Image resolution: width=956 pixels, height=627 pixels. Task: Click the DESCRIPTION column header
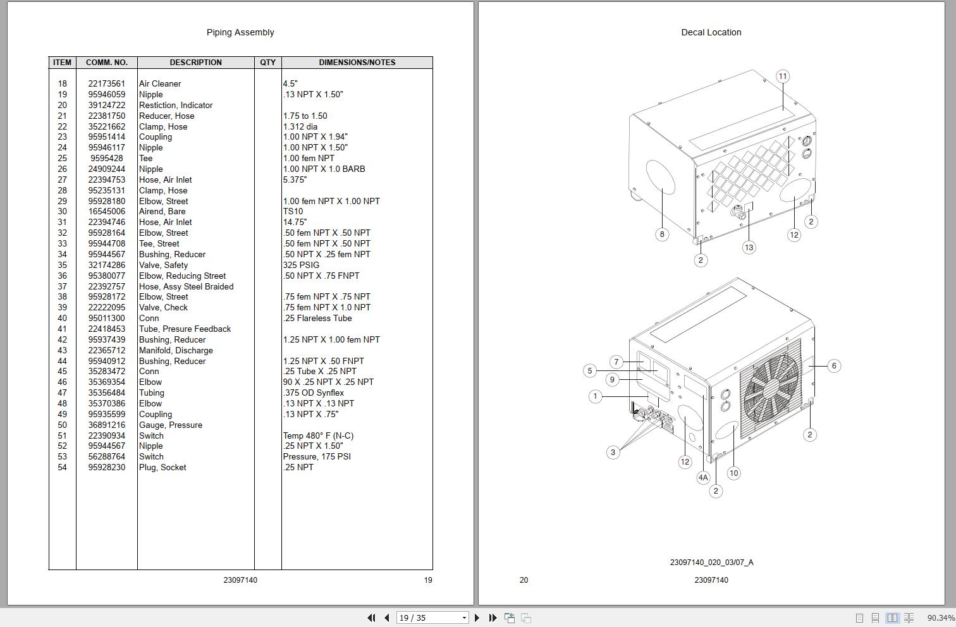point(195,63)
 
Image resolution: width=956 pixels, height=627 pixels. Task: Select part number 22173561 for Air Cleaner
point(106,83)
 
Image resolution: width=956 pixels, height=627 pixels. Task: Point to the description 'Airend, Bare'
point(162,211)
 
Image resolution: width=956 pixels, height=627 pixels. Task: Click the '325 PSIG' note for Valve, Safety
point(301,265)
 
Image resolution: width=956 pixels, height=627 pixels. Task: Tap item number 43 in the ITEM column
point(62,350)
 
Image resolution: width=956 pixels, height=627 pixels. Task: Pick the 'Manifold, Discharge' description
point(176,350)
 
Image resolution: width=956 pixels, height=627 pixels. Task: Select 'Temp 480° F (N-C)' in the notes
point(318,435)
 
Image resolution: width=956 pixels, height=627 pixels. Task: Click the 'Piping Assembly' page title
point(240,32)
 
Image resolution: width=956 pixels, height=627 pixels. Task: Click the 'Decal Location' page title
point(711,32)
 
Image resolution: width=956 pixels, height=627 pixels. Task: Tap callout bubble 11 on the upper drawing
point(783,76)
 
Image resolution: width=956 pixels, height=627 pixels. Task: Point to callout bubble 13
point(749,247)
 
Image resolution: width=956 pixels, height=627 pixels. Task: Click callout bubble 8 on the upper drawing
point(662,234)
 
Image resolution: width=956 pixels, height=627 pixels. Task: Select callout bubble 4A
point(703,478)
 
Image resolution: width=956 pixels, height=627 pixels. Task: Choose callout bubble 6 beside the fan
point(834,365)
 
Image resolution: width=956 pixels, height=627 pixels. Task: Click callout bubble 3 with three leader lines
point(613,453)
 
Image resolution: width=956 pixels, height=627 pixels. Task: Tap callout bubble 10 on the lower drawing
point(733,473)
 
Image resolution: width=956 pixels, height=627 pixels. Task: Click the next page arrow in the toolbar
point(477,618)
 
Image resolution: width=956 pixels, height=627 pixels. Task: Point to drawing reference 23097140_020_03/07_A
point(711,562)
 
